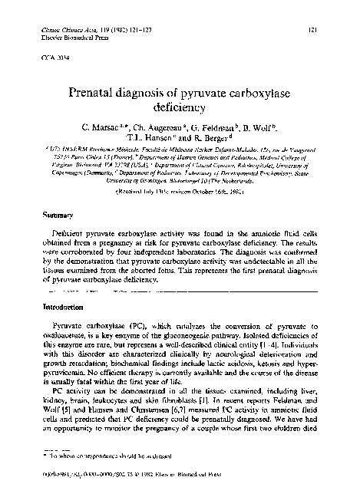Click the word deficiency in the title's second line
[180, 108]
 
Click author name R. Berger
[231, 140]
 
